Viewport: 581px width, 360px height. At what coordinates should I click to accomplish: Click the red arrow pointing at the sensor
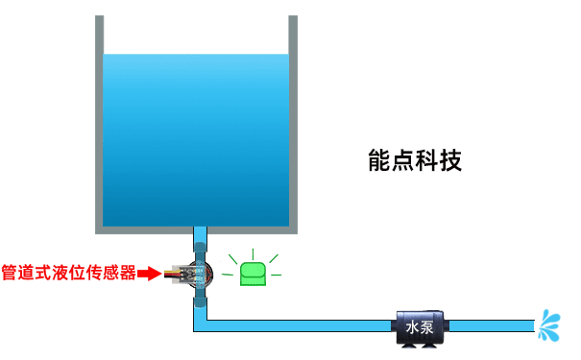pyautogui.click(x=148, y=274)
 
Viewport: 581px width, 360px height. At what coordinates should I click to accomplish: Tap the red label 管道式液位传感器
pyautogui.click(x=68, y=273)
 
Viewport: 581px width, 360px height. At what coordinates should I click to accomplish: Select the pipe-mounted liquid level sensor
pyautogui.click(x=199, y=274)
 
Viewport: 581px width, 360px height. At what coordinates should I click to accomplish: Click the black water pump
pyautogui.click(x=420, y=327)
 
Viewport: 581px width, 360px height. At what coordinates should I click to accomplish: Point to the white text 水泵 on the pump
pyautogui.click(x=420, y=326)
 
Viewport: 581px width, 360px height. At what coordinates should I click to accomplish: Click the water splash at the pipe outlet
pyautogui.click(x=550, y=325)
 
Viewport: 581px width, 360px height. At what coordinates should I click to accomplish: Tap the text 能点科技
pyautogui.click(x=415, y=160)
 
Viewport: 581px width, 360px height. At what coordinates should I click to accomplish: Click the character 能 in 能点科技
pyautogui.click(x=379, y=160)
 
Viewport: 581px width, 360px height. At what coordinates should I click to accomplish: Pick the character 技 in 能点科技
pyautogui.click(x=451, y=160)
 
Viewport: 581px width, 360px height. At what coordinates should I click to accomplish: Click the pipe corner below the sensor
pyautogui.click(x=200, y=325)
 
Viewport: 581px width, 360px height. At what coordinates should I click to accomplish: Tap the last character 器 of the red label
pyautogui.click(x=127, y=273)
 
